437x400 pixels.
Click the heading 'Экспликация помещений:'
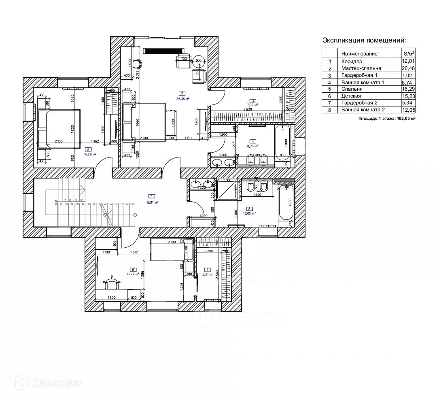364,40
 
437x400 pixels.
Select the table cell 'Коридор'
351,62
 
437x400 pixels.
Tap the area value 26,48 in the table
408,68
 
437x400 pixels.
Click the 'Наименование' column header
359,53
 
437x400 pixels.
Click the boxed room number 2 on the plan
182,94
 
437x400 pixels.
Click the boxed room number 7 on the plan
208,269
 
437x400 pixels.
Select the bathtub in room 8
285,205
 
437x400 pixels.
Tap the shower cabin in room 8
228,189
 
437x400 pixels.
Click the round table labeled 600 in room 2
198,60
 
